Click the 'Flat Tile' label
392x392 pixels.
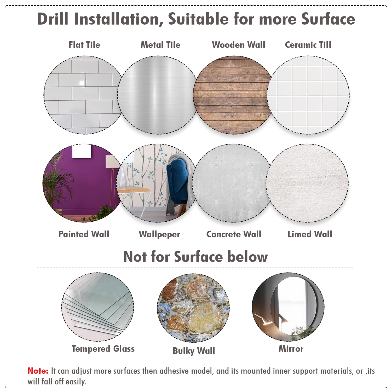point(84,45)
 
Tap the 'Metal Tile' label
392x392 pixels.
point(160,45)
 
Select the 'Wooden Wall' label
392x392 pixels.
point(239,45)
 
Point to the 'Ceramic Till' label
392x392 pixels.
point(308,45)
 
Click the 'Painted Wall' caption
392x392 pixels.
point(84,234)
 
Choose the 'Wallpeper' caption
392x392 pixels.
point(159,234)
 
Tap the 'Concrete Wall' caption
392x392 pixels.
point(234,234)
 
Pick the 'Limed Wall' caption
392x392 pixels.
point(310,234)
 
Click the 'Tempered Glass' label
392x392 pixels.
point(103,349)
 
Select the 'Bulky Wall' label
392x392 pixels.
point(194,351)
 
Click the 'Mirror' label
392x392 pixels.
point(291,349)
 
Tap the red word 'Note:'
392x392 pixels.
point(38,371)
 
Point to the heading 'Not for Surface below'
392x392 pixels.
point(195,256)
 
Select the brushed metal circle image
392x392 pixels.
point(157,95)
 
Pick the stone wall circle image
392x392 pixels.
point(193,308)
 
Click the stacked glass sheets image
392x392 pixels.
point(98,307)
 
